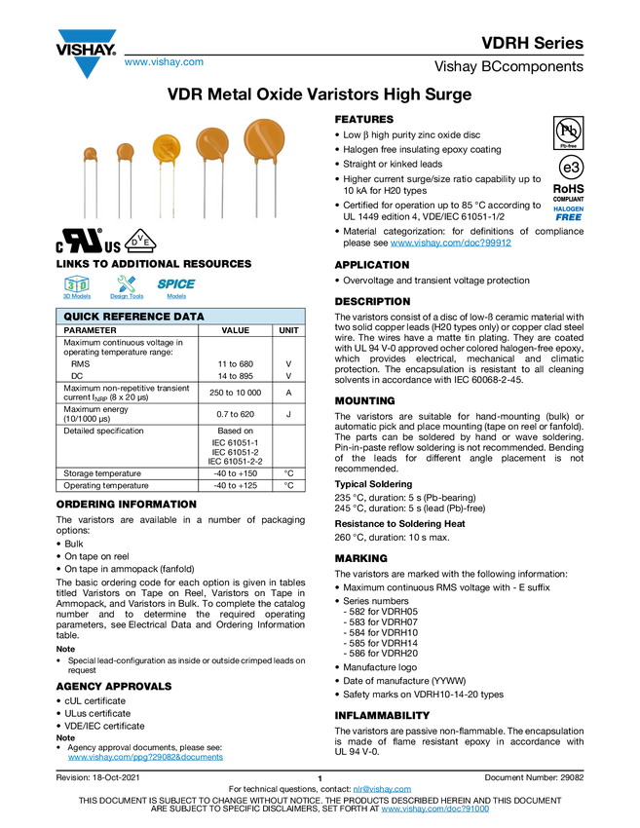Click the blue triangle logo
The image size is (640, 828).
pos(87,67)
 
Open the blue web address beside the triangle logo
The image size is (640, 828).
pos(163,63)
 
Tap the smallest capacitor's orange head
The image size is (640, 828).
pos(91,153)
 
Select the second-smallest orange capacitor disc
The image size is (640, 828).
pos(125,151)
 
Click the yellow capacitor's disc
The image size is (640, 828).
pos(166,148)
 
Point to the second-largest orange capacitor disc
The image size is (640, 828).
pos(211,143)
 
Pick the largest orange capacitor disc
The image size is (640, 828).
pos(263,138)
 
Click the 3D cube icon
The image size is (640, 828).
pos(76,283)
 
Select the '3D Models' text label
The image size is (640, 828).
pos(76,295)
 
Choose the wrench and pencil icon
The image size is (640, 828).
pos(127,283)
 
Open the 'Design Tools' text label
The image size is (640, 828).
pos(127,295)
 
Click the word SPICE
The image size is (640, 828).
pos(176,283)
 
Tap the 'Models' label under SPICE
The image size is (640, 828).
pos(176,295)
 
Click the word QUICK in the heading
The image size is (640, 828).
pos(81,317)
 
